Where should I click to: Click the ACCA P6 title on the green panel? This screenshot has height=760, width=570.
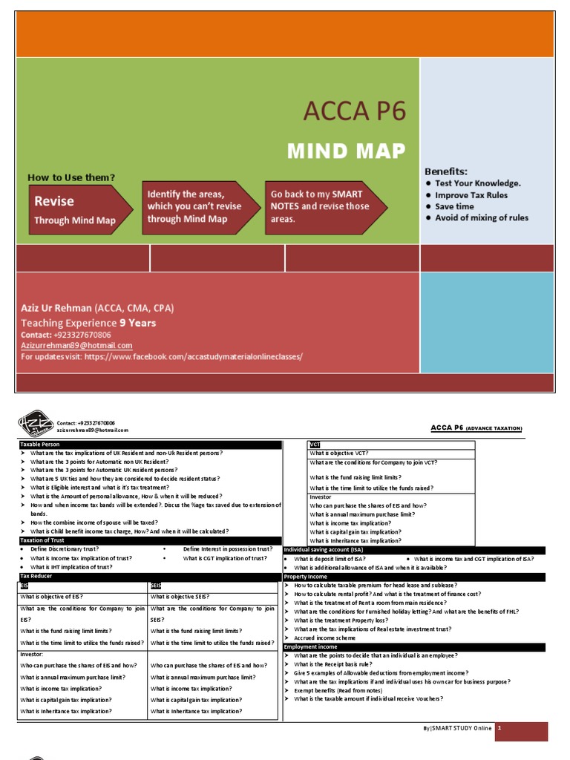click(x=354, y=113)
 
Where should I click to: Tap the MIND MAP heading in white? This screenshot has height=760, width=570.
click(x=347, y=151)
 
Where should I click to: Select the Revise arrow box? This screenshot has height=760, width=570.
click(x=71, y=209)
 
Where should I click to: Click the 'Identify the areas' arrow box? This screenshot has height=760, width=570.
click(x=194, y=206)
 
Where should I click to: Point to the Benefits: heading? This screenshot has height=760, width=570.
click(x=445, y=171)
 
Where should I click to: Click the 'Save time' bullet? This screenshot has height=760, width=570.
click(x=454, y=206)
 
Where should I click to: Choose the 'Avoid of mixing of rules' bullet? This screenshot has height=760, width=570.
click(x=482, y=217)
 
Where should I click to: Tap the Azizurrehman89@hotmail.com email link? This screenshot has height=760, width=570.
click(x=76, y=346)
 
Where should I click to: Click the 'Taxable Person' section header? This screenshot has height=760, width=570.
click(x=41, y=445)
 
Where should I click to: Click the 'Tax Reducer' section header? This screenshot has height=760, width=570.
click(x=37, y=576)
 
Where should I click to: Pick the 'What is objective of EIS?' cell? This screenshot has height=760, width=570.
click(x=52, y=596)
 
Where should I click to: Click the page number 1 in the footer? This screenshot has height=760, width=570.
click(x=501, y=729)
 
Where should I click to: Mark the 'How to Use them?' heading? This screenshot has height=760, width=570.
click(x=71, y=178)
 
